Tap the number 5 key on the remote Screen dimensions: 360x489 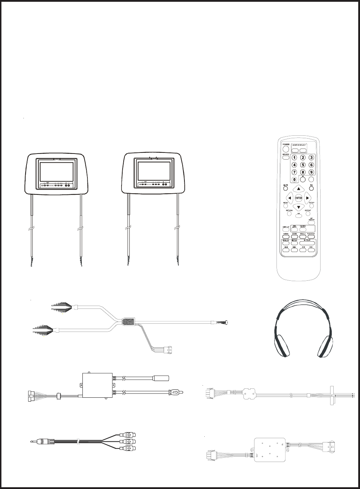pos(303,165)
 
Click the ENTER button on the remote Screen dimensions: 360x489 pos(299,198)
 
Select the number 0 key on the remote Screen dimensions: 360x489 pos(295,179)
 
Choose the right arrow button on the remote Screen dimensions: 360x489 pos(308,198)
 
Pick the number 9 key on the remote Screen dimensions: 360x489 pos(311,172)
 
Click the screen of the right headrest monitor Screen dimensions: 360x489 pos(154,171)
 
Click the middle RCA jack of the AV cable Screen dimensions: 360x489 pos(129,442)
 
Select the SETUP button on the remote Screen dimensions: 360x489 pos(311,205)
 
